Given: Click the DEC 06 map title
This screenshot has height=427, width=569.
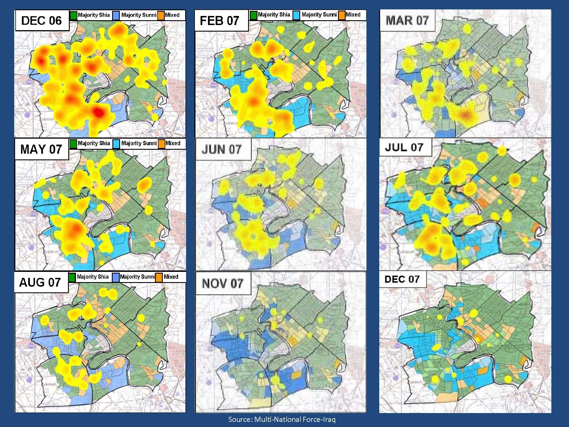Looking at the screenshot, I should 42,20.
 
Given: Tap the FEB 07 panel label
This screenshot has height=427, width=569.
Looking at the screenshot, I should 219,20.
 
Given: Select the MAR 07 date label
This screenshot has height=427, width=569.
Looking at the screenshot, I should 407,20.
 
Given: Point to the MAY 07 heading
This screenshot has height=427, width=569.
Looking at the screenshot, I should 41,149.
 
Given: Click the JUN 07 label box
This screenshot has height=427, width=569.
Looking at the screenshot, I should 222,149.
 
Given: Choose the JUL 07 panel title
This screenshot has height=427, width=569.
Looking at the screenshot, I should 404,147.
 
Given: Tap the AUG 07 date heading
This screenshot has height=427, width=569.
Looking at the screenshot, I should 40,282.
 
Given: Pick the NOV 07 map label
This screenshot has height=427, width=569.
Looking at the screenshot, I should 222,284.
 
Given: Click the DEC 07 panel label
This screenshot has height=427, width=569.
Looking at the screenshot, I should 402,279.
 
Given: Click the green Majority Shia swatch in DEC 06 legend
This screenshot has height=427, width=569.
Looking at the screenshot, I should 73,15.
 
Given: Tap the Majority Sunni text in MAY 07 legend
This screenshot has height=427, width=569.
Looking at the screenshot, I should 139,143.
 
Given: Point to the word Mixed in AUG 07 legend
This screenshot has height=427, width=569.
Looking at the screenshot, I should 171,277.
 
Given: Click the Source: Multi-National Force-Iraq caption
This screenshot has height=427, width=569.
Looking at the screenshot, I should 282,419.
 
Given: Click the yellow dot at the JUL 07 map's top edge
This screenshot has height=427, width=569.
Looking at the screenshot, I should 502,151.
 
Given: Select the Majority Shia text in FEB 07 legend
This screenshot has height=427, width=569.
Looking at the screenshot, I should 274,15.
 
